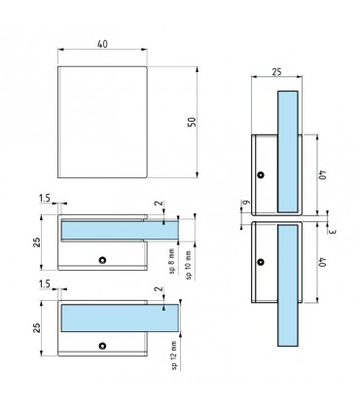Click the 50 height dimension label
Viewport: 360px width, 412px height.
click(193, 122)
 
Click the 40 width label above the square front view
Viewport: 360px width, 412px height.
click(102, 44)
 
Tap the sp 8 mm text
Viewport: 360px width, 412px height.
click(172, 261)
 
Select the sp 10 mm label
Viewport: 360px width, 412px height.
click(188, 264)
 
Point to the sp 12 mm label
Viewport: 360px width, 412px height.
click(174, 356)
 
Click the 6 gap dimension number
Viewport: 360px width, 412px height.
click(246, 202)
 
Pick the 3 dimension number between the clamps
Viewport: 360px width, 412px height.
click(333, 232)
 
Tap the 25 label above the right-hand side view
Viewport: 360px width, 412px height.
click(276, 72)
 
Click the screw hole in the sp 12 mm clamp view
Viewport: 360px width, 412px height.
click(102, 346)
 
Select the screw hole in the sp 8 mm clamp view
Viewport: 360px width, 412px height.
click(102, 260)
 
